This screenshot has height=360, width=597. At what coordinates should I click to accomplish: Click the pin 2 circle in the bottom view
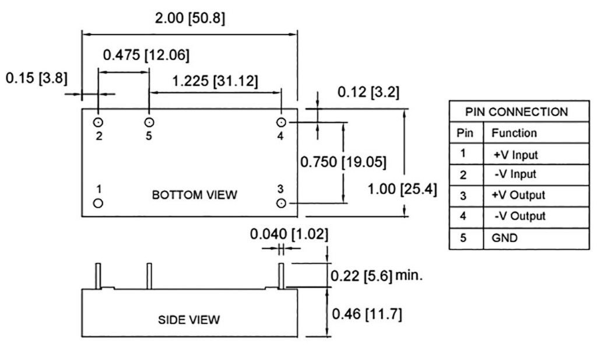(98, 123)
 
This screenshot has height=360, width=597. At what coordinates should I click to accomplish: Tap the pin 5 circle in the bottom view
(149, 123)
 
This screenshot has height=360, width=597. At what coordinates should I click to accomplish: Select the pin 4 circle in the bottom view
(281, 123)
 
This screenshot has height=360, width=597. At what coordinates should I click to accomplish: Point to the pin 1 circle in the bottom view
(98, 203)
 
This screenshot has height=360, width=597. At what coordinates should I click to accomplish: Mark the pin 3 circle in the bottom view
(281, 203)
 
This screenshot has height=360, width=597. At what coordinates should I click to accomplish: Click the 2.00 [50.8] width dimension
(190, 18)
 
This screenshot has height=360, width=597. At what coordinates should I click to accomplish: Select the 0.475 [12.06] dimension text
(146, 55)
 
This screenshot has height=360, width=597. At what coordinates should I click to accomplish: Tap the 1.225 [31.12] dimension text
(215, 81)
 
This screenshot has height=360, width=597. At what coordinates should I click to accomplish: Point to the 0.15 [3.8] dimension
(37, 78)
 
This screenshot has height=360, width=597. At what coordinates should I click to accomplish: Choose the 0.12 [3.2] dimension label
(368, 92)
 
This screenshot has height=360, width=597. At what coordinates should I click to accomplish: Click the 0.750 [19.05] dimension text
(343, 162)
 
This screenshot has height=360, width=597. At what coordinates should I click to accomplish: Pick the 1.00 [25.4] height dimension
(402, 189)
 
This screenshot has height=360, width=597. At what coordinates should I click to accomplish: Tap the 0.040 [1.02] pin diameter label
(289, 234)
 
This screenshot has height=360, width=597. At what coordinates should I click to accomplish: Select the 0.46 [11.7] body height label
(367, 314)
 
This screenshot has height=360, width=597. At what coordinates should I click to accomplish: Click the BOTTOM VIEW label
(195, 195)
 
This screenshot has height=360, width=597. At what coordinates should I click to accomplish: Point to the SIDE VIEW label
(189, 319)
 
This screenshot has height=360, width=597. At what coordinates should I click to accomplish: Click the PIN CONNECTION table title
(517, 112)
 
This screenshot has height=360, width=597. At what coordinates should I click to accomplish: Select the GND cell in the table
(504, 238)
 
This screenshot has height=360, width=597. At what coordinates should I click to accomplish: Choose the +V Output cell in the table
(518, 195)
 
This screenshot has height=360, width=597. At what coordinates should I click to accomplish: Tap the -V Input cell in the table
(515, 174)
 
